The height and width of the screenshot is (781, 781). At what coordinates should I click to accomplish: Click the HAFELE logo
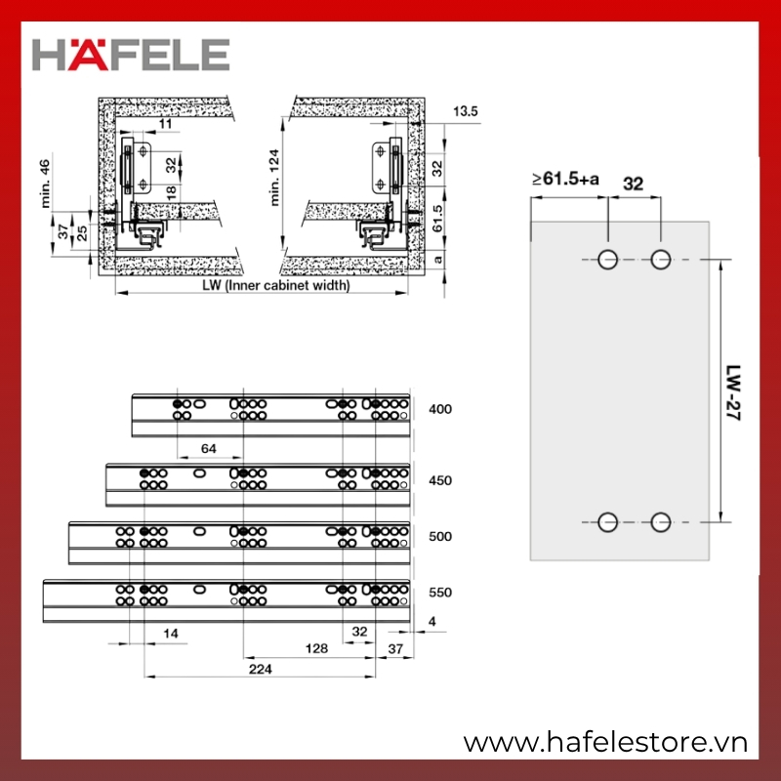pyautogui.click(x=131, y=55)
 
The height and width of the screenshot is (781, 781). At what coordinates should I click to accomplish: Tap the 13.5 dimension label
pyautogui.click(x=466, y=111)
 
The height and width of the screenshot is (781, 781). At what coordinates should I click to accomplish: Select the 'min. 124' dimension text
pyautogui.click(x=274, y=178)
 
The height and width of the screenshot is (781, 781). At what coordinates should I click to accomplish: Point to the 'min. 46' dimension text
pyautogui.click(x=45, y=184)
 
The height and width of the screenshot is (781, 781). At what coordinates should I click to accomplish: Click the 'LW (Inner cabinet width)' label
pyautogui.click(x=276, y=285)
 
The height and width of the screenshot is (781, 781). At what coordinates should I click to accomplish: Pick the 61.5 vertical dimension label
pyautogui.click(x=437, y=218)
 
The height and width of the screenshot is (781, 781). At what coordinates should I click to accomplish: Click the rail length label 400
pyautogui.click(x=440, y=409)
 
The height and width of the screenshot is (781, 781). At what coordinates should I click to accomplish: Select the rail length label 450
pyautogui.click(x=440, y=481)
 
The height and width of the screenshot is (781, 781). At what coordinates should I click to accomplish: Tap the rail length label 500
pyautogui.click(x=440, y=537)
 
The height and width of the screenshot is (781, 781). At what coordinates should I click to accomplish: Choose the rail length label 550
pyautogui.click(x=440, y=593)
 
